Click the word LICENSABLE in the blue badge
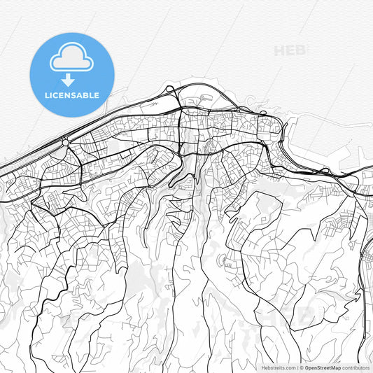coord(71,95)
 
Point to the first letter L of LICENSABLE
coord(46,95)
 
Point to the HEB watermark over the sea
coord(291,51)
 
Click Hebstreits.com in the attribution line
coord(279,367)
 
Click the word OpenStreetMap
coord(323,367)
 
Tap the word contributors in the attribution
coord(356,367)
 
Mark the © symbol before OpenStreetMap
coord(302,367)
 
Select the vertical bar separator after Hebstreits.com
coord(297,367)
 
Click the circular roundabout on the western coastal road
coord(66,143)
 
